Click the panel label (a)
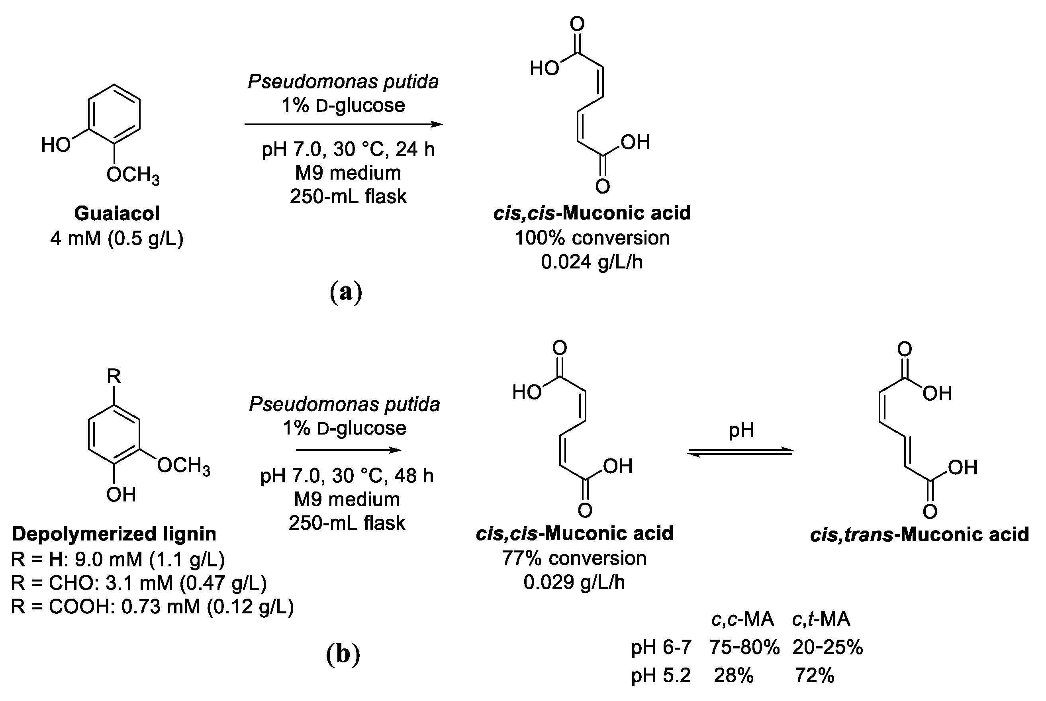tap(345, 292)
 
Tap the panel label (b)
tap(343, 654)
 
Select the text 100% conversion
tap(592, 238)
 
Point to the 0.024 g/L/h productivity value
tap(592, 262)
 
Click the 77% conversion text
tap(574, 558)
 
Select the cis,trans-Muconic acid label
tap(919, 535)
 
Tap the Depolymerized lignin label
tap(114, 534)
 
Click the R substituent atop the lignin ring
tap(114, 376)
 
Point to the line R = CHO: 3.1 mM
tap(139, 583)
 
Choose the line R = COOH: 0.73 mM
tap(152, 607)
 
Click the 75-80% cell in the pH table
tap(744, 647)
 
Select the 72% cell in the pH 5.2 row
tap(815, 676)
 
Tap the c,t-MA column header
tap(821, 619)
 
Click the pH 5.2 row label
tap(661, 676)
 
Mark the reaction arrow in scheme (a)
tap(343, 124)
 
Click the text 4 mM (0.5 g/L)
tap(117, 238)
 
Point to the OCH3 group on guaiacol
tap(133, 175)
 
